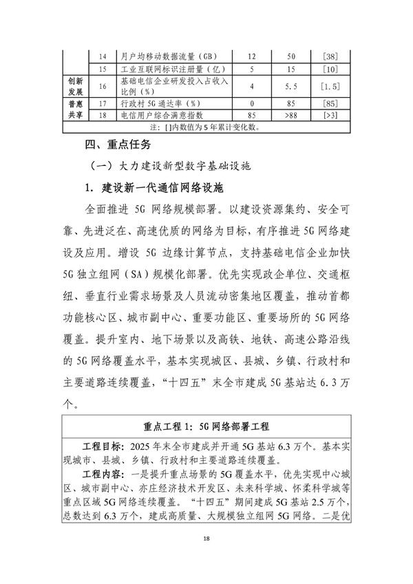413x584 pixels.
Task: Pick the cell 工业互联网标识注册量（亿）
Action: click(x=169, y=70)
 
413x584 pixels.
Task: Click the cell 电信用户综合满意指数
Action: click(x=162, y=115)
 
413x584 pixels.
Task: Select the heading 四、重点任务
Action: click(x=113, y=146)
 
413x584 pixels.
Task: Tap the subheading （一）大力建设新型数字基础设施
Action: click(x=171, y=167)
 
